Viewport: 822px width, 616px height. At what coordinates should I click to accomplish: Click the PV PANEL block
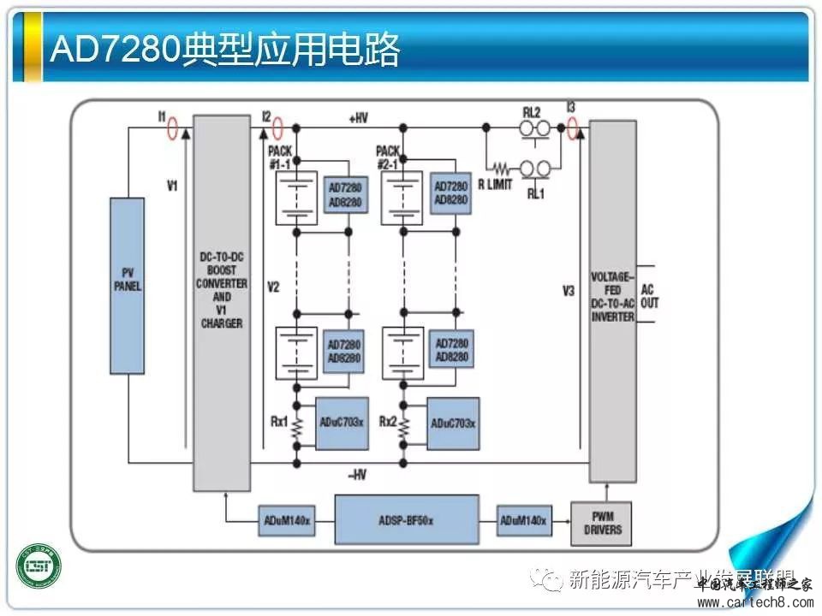click(x=127, y=286)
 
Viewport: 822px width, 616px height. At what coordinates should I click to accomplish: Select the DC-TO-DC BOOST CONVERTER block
click(x=222, y=304)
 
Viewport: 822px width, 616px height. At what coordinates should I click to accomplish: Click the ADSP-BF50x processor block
click(x=407, y=519)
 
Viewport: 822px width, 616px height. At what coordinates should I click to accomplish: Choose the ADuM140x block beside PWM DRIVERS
click(x=524, y=520)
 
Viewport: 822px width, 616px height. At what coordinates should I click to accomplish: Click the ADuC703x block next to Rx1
click(x=342, y=423)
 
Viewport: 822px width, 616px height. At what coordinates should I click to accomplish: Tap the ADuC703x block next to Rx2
click(x=453, y=423)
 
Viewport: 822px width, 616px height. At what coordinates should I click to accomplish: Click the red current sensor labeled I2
click(x=277, y=129)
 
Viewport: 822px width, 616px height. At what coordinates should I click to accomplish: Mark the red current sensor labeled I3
click(x=573, y=129)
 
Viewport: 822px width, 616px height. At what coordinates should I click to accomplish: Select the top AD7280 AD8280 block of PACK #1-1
click(x=345, y=192)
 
